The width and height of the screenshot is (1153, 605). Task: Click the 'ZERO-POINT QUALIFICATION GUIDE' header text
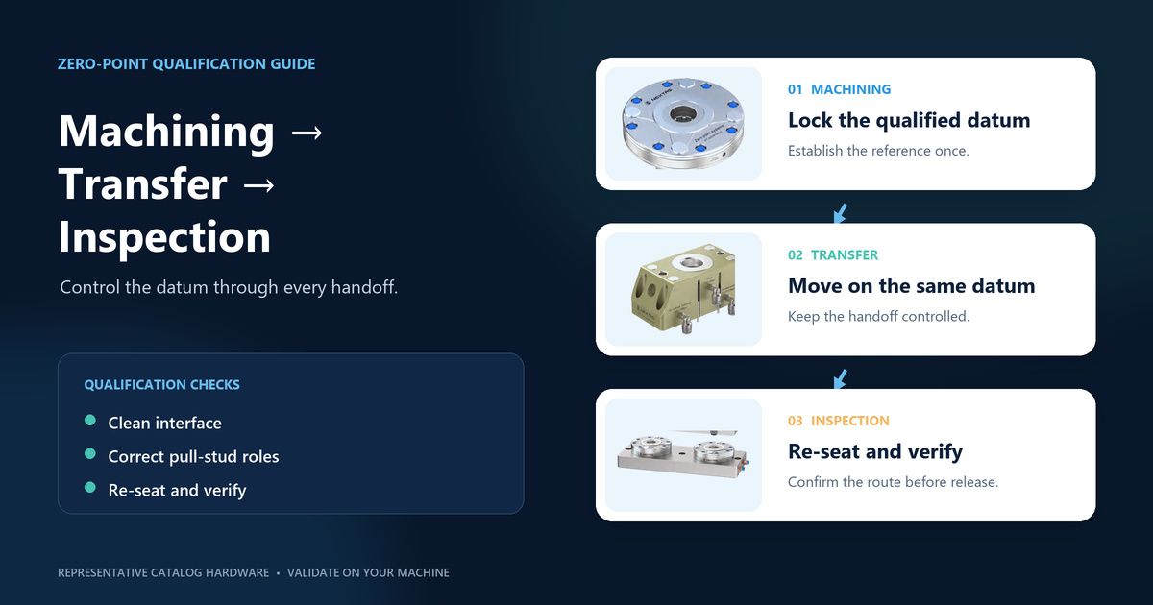(186, 63)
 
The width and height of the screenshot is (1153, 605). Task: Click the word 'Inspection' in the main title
(164, 237)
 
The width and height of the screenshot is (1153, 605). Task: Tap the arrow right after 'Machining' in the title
(307, 133)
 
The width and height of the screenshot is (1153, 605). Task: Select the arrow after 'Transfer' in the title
(258, 185)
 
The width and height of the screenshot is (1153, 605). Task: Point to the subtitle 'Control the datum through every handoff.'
(229, 287)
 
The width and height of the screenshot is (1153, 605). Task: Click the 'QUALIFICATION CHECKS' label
(161, 385)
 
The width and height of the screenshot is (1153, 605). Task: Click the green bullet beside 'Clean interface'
(90, 421)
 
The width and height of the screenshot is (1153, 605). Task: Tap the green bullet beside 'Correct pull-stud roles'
(90, 453)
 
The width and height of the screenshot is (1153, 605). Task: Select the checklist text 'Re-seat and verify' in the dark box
(177, 491)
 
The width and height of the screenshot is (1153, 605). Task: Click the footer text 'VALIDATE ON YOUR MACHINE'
(368, 572)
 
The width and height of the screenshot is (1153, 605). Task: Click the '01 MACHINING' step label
(839, 89)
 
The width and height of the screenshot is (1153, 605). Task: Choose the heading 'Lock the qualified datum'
(909, 120)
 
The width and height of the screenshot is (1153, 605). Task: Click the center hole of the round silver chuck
(683, 113)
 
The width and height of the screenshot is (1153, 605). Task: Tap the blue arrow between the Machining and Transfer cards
(840, 213)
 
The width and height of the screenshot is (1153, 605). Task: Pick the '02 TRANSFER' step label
(833, 255)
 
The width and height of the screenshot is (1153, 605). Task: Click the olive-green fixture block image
(683, 289)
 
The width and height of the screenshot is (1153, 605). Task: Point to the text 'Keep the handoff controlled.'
(878, 316)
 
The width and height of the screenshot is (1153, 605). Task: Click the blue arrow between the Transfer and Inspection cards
(840, 379)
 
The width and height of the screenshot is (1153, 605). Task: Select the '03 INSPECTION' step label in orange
(839, 421)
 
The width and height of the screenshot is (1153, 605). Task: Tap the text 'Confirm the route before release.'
(893, 482)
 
